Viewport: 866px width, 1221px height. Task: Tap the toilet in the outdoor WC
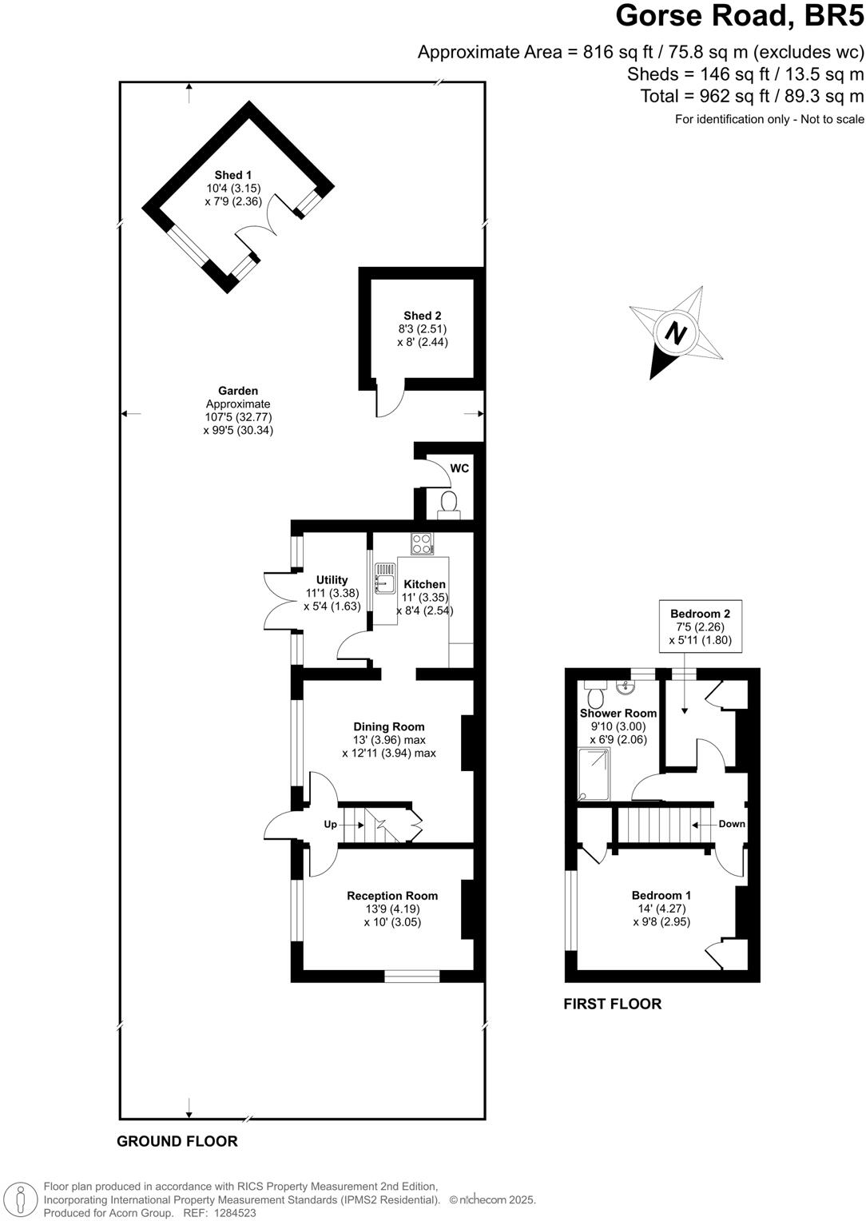click(448, 504)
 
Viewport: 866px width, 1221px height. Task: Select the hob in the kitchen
click(422, 543)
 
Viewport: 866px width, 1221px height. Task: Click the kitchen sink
click(384, 578)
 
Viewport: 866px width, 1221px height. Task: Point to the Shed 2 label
click(423, 316)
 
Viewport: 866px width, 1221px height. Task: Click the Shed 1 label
click(233, 175)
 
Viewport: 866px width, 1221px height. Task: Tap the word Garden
click(238, 391)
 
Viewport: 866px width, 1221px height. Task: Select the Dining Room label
click(389, 726)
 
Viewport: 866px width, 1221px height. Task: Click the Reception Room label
click(392, 896)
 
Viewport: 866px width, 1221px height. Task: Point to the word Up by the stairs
click(331, 824)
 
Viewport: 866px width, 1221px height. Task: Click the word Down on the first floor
click(732, 824)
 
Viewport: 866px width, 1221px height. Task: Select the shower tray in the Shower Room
click(594, 774)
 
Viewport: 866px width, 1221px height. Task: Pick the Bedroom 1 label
click(661, 896)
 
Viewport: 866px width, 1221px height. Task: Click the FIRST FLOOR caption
click(613, 1004)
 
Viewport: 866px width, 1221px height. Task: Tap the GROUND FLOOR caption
click(177, 1141)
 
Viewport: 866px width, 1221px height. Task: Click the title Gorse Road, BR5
click(740, 16)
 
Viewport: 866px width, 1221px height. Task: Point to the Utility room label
click(332, 580)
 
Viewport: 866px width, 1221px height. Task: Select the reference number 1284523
click(232, 1213)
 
